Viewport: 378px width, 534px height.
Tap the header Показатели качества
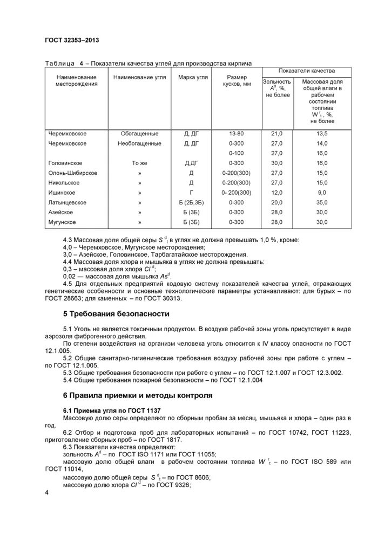306,71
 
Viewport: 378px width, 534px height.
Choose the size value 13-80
237,133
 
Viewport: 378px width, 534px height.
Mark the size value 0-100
237,153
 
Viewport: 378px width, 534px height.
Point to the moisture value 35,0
322,202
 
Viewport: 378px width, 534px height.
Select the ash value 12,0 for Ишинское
276,193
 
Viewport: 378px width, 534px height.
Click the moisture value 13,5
322,133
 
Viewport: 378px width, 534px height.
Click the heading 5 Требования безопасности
116,313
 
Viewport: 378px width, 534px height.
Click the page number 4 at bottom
47,494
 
